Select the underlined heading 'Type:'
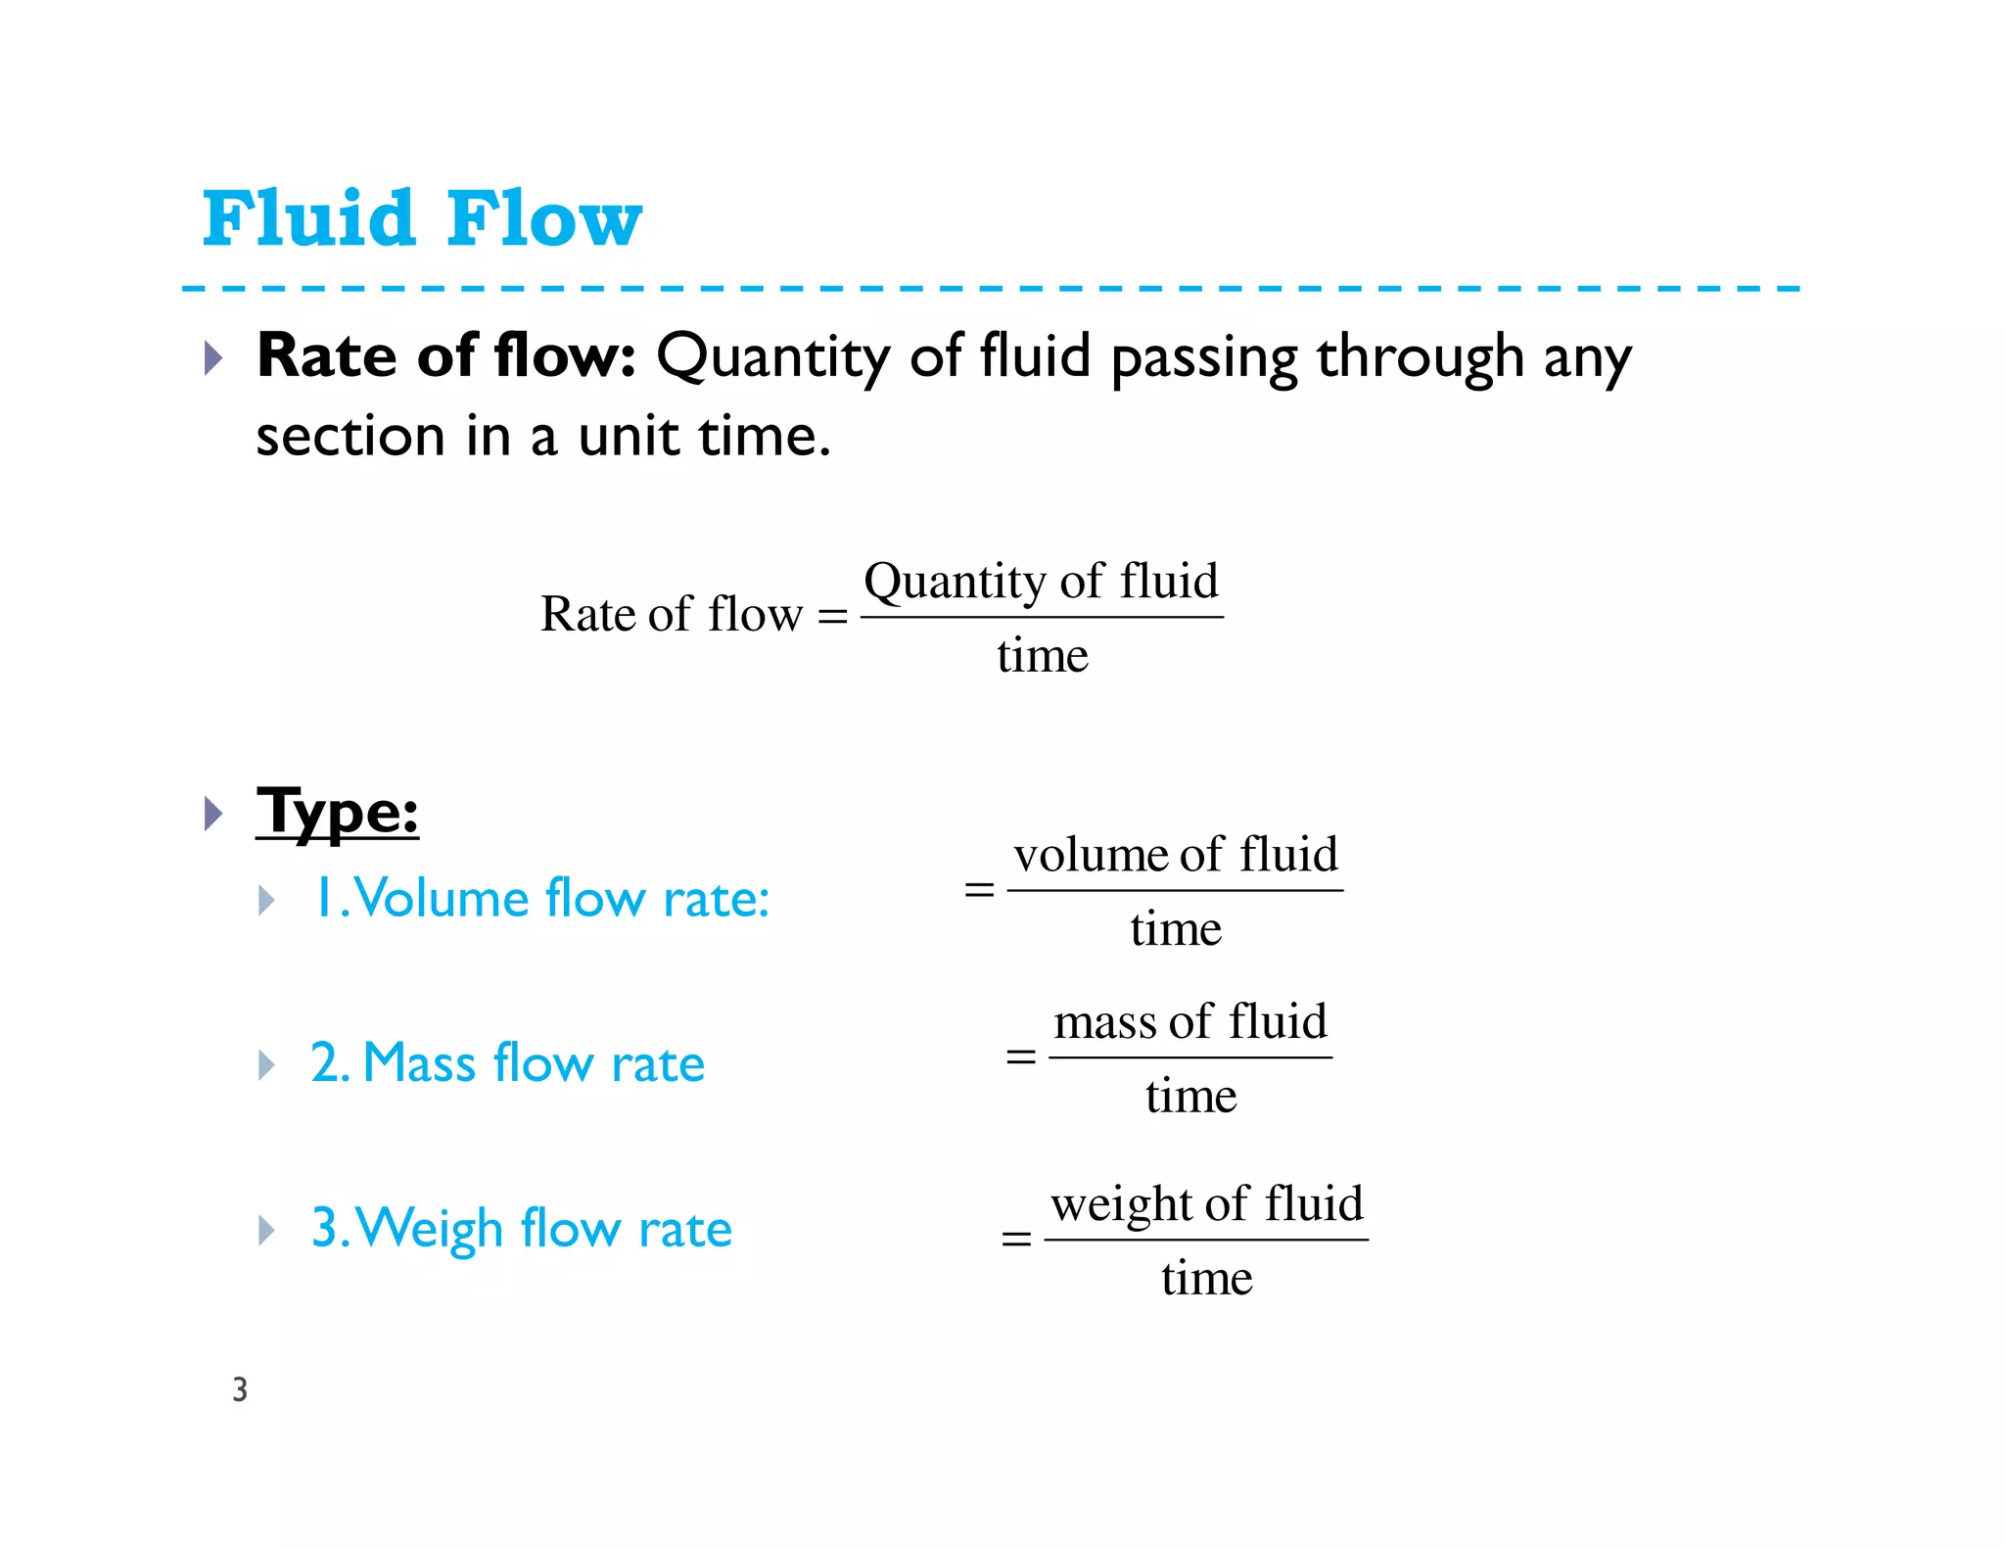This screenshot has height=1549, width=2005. tap(337, 812)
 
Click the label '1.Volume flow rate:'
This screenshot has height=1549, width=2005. tap(540, 898)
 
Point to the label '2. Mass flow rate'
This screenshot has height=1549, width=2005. tap(507, 1062)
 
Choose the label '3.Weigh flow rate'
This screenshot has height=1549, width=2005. tap(521, 1228)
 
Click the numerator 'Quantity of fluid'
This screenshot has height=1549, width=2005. tap(1041, 581)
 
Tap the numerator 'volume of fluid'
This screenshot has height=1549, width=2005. tap(1175, 854)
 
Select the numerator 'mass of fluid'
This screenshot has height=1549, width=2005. tap(1190, 1021)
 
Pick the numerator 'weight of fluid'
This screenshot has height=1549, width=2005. tap(1206, 1203)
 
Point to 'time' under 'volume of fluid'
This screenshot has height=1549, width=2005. tap(1176, 928)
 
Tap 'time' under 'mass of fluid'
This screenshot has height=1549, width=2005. tap(1191, 1095)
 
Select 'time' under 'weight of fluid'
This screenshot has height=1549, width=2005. tap(1207, 1278)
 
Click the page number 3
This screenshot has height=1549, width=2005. tap(240, 1389)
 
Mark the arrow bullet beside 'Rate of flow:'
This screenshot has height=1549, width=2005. tap(213, 357)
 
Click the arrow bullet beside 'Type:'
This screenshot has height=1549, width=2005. tap(213, 813)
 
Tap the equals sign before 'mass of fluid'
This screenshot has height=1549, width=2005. tap(1021, 1056)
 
